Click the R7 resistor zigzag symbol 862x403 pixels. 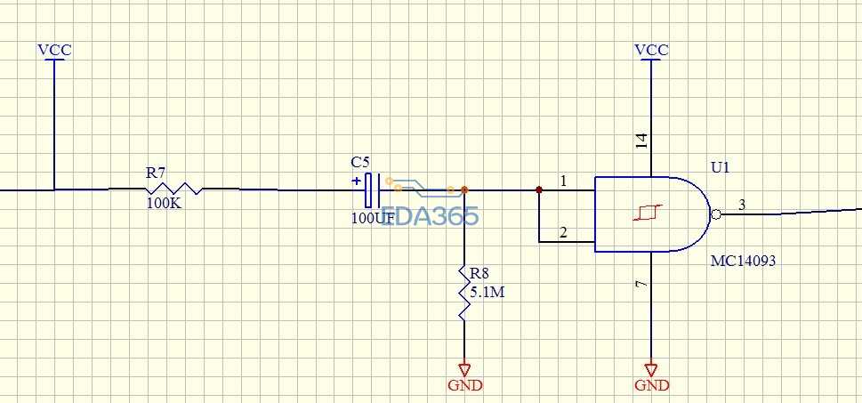[173, 189]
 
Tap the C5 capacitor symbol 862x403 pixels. [373, 190]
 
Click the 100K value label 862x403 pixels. [164, 204]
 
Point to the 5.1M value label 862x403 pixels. [487, 293]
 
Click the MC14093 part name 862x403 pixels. [744, 261]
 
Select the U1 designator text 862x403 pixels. [721, 167]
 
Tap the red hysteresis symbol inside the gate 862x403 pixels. [649, 213]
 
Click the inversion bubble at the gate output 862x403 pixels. [715, 214]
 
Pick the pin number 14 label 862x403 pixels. [641, 141]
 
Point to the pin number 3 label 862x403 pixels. [742, 206]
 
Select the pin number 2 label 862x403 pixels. [563, 232]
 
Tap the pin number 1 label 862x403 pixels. [563, 181]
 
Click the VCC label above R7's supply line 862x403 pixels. [54, 50]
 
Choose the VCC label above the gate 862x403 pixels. [651, 50]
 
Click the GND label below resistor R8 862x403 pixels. [465, 385]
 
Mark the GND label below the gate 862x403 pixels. [652, 385]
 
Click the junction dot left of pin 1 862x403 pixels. [539, 190]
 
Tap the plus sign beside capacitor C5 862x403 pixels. [357, 181]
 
